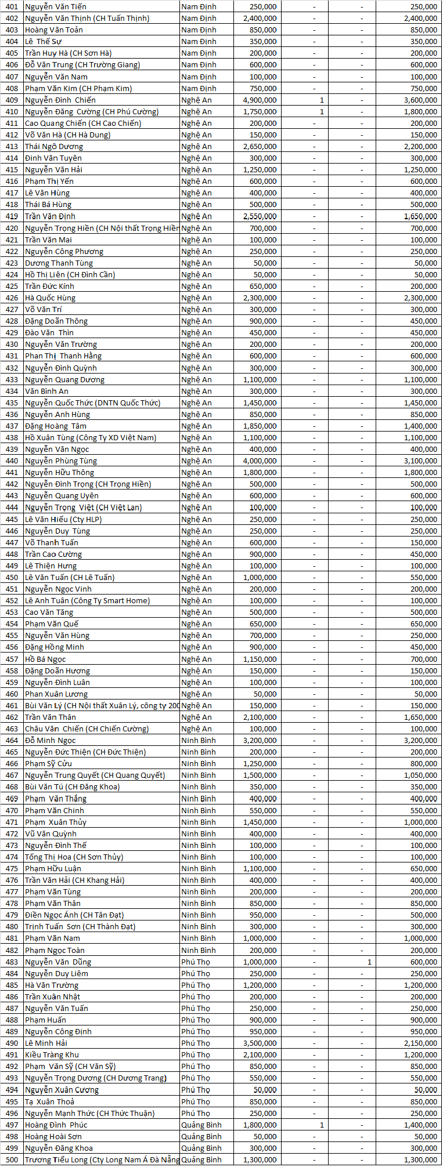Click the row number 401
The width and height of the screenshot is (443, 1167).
click(12, 6)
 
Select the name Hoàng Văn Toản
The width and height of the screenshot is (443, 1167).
click(54, 30)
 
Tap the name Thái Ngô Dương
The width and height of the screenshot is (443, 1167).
click(54, 146)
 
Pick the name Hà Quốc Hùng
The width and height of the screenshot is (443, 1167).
click(50, 298)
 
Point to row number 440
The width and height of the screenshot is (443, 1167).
click(12, 461)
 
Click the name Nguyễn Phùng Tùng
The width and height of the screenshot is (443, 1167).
click(61, 461)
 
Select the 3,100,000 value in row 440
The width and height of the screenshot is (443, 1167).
click(420, 461)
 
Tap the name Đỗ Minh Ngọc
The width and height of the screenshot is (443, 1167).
click(50, 740)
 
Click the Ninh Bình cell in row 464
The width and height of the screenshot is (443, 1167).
click(198, 740)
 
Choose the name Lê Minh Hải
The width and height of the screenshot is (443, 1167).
click(46, 1043)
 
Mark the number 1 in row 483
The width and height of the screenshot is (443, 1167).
click(369, 962)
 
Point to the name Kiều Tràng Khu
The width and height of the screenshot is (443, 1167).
click(52, 1054)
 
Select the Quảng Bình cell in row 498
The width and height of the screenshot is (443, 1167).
click(201, 1136)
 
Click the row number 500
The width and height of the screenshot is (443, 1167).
click(12, 1159)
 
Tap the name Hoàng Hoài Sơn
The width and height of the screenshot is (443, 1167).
click(53, 1136)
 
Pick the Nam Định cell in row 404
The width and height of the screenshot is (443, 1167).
click(199, 41)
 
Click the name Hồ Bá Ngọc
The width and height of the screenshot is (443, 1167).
click(45, 659)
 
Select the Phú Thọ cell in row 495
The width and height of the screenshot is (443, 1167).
click(195, 1101)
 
